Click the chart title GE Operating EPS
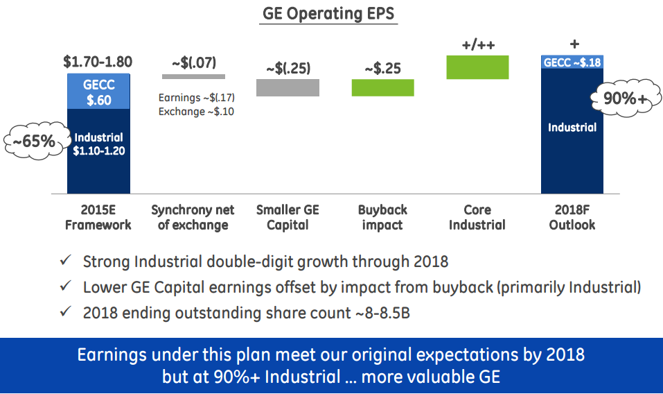click(x=328, y=13)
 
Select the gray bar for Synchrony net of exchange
click(x=193, y=76)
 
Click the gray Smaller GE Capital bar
click(x=288, y=87)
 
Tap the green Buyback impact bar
click(x=382, y=87)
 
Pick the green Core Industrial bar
click(x=477, y=67)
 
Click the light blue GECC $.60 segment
click(x=98, y=91)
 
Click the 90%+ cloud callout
click(x=621, y=99)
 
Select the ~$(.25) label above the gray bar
click(x=288, y=69)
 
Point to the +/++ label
click(x=477, y=46)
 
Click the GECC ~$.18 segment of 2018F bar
click(x=572, y=62)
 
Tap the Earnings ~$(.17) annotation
click(x=196, y=98)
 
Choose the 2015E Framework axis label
click(x=98, y=217)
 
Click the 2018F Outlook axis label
click(x=572, y=217)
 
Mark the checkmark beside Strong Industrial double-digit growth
click(x=65, y=262)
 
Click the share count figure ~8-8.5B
click(x=381, y=313)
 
